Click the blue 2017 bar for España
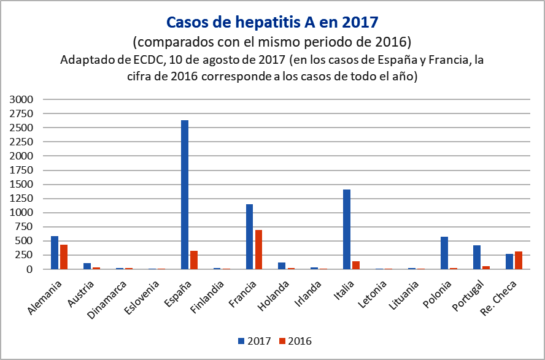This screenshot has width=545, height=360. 185,194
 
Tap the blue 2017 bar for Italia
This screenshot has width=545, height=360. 347,229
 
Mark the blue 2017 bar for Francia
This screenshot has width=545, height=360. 250,237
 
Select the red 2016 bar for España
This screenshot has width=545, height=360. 193,260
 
